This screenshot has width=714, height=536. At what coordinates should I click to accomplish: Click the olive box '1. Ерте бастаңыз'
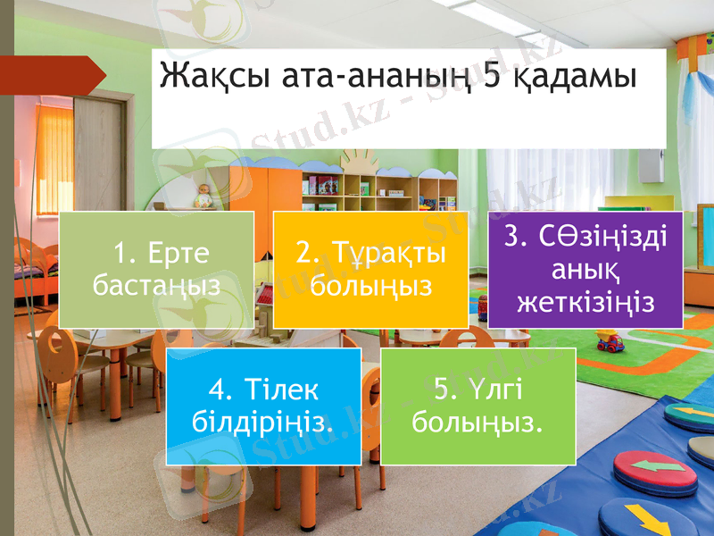click(156, 270)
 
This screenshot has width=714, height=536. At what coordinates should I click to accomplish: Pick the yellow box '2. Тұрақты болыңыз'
click(370, 270)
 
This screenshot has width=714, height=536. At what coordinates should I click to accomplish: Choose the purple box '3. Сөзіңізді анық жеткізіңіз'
click(585, 269)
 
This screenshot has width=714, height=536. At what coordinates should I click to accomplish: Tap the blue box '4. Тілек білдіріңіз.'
click(263, 406)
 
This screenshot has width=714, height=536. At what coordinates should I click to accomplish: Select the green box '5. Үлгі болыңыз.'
click(477, 406)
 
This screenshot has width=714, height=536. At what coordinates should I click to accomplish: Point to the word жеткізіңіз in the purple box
click(585, 301)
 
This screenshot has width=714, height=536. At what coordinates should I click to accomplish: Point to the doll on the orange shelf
click(204, 195)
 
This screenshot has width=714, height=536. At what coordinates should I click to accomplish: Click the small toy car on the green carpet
click(610, 340)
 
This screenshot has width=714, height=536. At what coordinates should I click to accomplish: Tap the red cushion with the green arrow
click(656, 471)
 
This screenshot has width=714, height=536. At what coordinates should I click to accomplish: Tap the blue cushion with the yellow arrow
click(637, 519)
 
